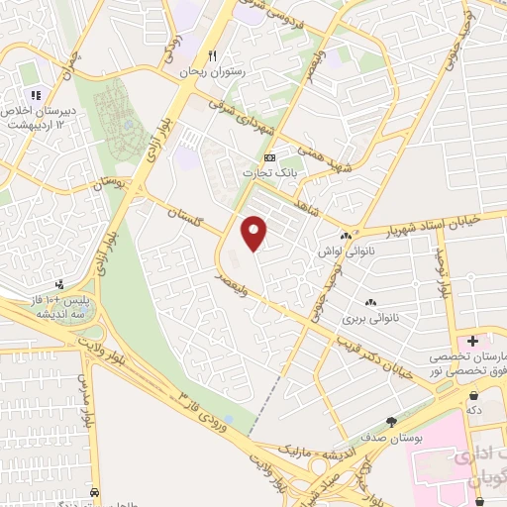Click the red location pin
pyautogui.click(x=255, y=232)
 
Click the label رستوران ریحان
pyautogui.click(x=211, y=72)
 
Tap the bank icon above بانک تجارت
pyautogui.click(x=269, y=157)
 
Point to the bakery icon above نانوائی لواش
pyautogui.click(x=345, y=236)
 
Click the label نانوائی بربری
pyautogui.click(x=367, y=319)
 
